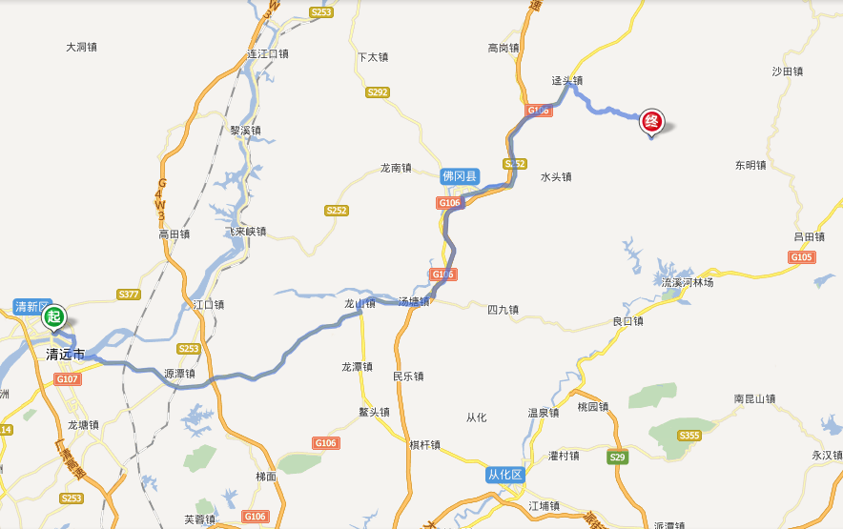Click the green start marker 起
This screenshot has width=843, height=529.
click(53, 316)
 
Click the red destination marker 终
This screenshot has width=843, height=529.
click(652, 121)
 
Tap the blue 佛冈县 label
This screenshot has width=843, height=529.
click(460, 176)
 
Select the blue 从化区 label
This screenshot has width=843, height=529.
click(505, 475)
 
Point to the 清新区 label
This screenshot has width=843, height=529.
click(31, 306)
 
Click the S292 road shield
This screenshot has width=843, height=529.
click(378, 92)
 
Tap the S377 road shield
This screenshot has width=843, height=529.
click(129, 295)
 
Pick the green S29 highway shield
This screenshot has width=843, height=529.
click(618, 458)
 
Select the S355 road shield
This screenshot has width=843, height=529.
click(689, 436)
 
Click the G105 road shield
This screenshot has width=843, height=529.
click(802, 257)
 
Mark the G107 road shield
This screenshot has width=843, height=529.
click(68, 379)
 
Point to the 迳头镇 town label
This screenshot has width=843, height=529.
click(566, 81)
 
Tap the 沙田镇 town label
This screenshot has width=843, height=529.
click(788, 71)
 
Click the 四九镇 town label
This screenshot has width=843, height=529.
click(503, 310)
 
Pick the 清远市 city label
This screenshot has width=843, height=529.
click(66, 355)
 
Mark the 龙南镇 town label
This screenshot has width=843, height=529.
click(396, 168)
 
